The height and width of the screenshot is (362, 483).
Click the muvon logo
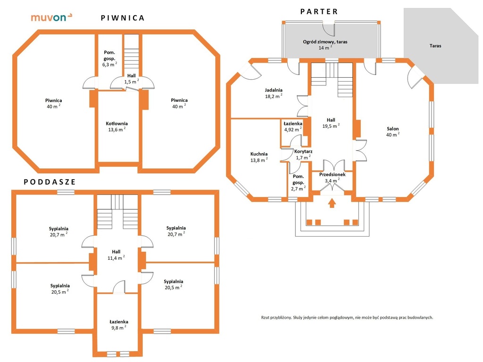[x=51, y=17]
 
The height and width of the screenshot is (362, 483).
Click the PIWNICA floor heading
[x=123, y=18]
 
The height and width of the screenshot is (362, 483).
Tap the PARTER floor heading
[x=319, y=12]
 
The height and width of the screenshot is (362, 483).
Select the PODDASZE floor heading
[x=50, y=182]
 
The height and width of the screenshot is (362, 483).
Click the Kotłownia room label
[x=117, y=123]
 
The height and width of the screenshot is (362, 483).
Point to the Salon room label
[x=393, y=129]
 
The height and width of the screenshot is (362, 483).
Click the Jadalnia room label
[x=274, y=90]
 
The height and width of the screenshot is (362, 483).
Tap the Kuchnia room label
[x=259, y=154]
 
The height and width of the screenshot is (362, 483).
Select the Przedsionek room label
[x=333, y=174]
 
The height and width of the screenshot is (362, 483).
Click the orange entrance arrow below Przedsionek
[x=332, y=203]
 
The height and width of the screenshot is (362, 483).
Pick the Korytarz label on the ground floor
[x=303, y=151]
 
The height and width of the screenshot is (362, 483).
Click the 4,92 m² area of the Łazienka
[x=293, y=129]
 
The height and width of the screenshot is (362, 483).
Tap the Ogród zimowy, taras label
[x=325, y=42]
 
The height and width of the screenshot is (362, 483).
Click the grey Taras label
[x=435, y=46]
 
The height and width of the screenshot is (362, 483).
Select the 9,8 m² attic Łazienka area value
[x=118, y=328]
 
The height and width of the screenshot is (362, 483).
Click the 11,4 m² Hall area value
[x=116, y=258]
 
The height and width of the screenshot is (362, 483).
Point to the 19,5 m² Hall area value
[x=331, y=126]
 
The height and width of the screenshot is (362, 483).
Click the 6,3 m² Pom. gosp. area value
[x=109, y=65]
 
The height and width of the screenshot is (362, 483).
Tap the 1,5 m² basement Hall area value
[x=132, y=82]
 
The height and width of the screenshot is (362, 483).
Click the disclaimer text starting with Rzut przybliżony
[x=347, y=317]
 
